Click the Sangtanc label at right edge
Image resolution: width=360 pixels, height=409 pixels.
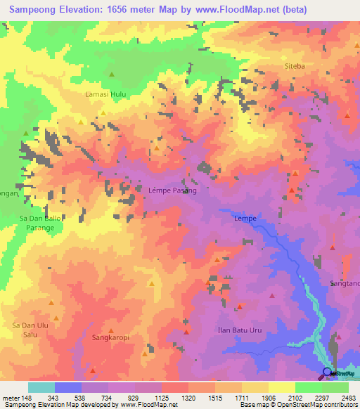pyautogui.click(x=345, y=283)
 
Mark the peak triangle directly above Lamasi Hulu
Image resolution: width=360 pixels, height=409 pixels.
pyautogui.click(x=111, y=74)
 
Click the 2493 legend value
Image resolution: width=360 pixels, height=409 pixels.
pyautogui.click(x=347, y=398)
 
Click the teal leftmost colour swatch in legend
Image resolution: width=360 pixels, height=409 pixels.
pyautogui.click(x=41, y=387)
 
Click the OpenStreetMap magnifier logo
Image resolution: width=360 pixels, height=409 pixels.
pyautogui.click(x=327, y=373)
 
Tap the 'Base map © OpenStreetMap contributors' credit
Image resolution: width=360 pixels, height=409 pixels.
pyautogui.click(x=298, y=405)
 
